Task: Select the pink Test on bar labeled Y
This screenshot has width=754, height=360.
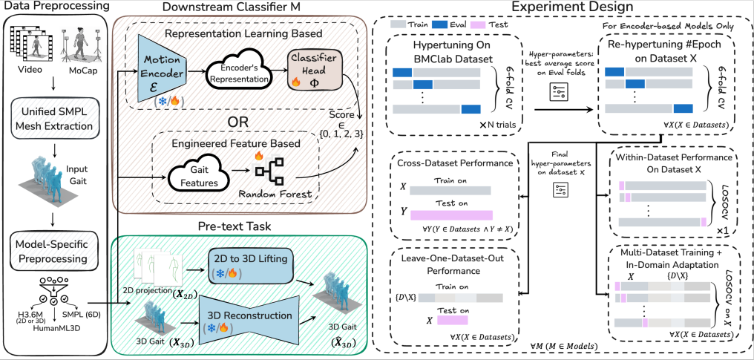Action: (451, 215)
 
